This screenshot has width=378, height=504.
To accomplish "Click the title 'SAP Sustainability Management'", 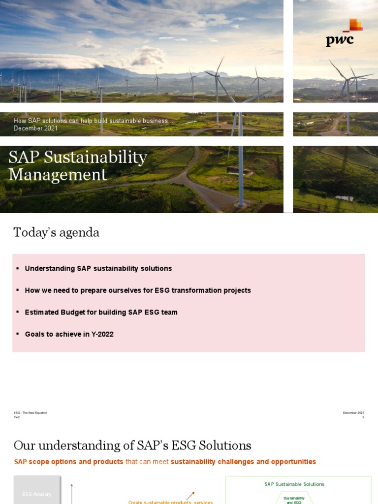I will coord(78,166).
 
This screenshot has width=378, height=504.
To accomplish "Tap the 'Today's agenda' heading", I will coord(56,232).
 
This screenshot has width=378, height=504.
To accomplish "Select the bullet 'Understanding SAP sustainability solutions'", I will coord(98,269).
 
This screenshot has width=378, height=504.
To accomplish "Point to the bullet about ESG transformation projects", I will coord(137,290).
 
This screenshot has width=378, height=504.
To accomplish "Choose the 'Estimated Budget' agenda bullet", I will coord(101,312).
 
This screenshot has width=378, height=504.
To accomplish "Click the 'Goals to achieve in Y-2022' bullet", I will coord(69,334).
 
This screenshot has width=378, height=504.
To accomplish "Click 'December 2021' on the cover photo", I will coord(35,128).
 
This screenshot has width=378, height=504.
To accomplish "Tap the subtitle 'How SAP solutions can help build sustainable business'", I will coord(92,121).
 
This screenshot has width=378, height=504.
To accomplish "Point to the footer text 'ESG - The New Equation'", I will coord(30,412).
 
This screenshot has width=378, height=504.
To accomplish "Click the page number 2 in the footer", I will coord(363,417).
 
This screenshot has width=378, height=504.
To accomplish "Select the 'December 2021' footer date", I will coord(353,412).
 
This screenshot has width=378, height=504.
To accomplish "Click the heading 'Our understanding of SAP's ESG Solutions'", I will coord(132,446).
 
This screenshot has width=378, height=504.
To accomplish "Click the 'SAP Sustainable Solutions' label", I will coord(294,484).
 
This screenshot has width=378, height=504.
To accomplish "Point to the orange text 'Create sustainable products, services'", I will coord(170,502).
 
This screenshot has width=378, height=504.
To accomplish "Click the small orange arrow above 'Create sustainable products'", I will coord(190,495).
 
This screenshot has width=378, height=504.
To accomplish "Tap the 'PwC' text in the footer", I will coord(17,417).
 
